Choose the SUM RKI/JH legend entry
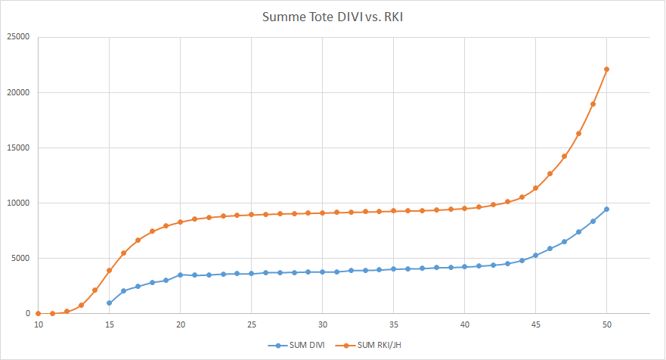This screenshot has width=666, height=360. (379, 345)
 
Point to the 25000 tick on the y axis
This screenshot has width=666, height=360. (17, 37)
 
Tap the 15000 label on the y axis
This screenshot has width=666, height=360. (17, 147)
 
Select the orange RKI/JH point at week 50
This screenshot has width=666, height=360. (606, 70)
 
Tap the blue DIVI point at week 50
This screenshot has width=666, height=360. (606, 209)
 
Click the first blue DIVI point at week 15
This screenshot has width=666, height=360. (109, 303)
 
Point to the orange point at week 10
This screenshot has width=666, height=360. (38, 313)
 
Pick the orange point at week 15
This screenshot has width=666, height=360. (109, 271)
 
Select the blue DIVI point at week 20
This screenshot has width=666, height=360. (180, 275)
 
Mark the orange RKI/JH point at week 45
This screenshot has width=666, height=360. (535, 188)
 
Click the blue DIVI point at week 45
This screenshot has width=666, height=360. (535, 255)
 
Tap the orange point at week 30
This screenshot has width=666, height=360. (322, 213)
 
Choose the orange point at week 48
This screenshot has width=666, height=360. (578, 133)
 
